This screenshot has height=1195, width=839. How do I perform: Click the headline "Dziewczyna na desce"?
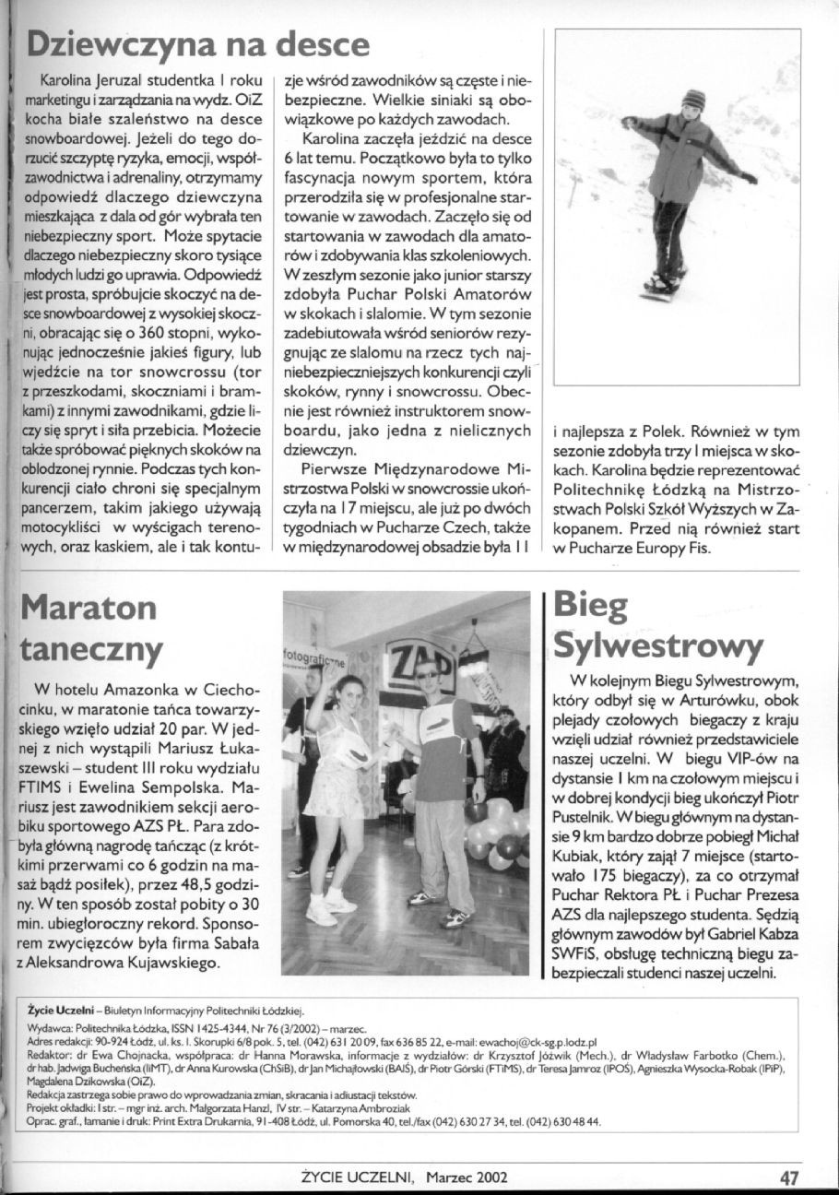pyautogui.click(x=198, y=43)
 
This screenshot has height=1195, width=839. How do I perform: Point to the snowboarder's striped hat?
pyautogui.click(x=693, y=99)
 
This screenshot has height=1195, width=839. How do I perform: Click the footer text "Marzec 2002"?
pyautogui.click(x=467, y=1177)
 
